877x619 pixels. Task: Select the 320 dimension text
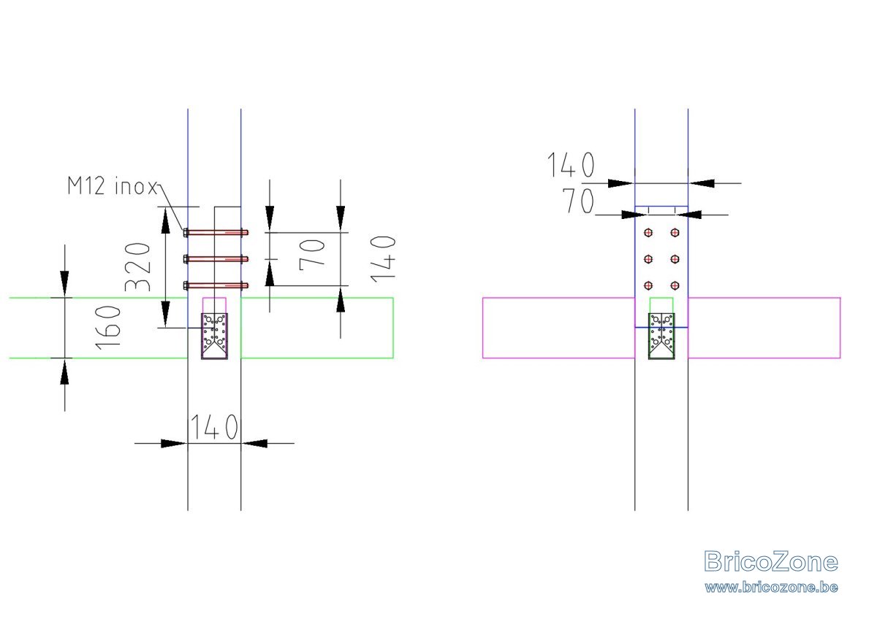(x=137, y=266)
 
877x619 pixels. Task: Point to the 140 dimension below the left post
(x=213, y=427)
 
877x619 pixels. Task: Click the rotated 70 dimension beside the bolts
(x=312, y=255)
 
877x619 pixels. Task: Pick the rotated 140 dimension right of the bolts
(x=383, y=259)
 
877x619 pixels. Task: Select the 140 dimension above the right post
(x=571, y=165)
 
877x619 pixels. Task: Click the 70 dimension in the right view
(x=578, y=201)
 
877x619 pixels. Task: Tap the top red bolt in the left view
(x=216, y=233)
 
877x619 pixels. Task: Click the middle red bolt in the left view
(x=216, y=259)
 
